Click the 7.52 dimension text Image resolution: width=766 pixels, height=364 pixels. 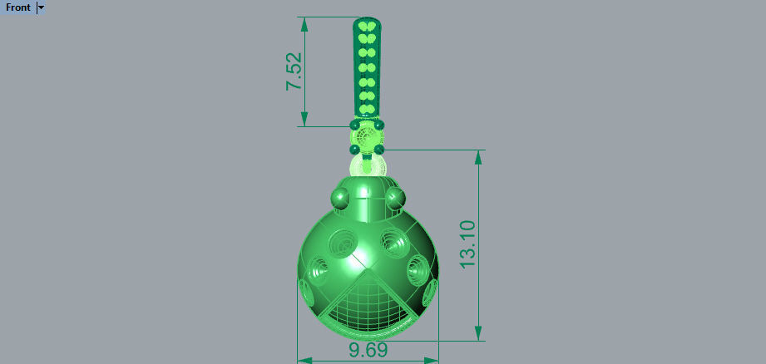point(294,74)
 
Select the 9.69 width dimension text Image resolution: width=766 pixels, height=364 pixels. point(368,351)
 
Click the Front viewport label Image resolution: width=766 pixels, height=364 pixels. point(18,7)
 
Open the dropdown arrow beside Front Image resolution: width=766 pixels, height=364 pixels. point(42,7)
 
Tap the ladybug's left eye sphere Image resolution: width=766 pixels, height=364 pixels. point(341,199)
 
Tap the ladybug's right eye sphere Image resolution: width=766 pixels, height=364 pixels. point(394,199)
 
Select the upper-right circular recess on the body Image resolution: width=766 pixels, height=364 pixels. point(393,242)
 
